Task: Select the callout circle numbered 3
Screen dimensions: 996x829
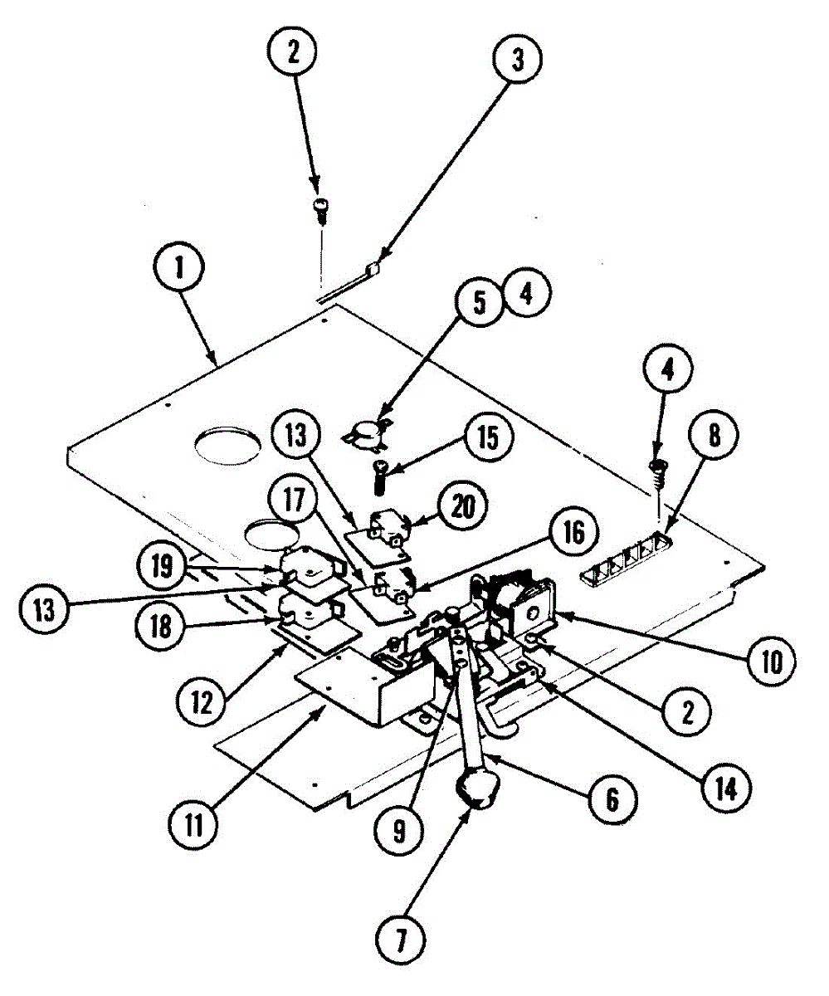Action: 516,61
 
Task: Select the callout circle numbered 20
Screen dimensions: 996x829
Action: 463,505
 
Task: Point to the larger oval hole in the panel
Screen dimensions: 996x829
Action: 225,446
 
